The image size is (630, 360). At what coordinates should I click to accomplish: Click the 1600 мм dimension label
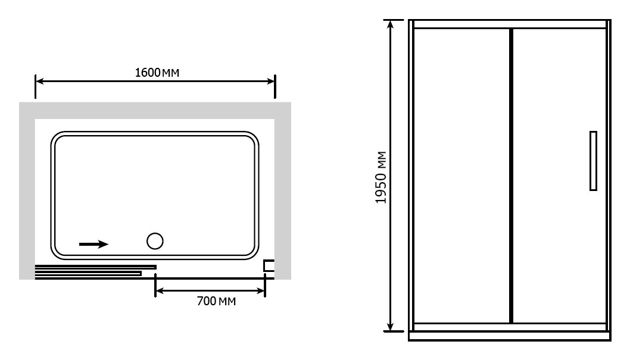pos(157,73)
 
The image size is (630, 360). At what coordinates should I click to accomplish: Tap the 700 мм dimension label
pos(216,301)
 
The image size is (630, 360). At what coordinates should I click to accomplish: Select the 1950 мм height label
pos(381,177)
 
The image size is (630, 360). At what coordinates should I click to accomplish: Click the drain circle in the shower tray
pos(155,241)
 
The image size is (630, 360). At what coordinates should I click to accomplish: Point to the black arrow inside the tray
pos(93,244)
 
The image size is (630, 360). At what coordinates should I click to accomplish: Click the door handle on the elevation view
pos(593,161)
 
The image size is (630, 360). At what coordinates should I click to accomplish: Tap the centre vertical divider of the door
pos(511,176)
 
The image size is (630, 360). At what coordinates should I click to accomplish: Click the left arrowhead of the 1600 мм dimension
pos(39,82)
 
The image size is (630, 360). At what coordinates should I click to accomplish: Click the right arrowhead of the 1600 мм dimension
pos(271,82)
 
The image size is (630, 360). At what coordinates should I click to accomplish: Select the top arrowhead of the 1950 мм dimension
pos(390,24)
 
